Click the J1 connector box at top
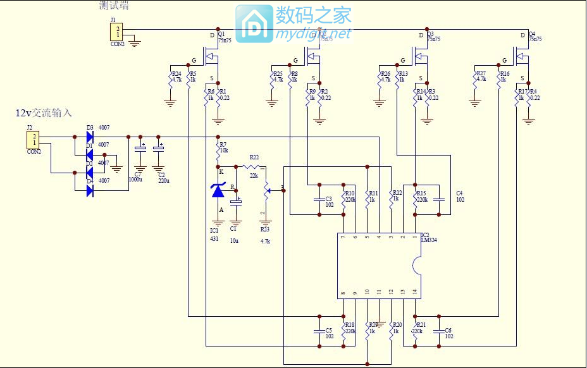pyautogui.click(x=118, y=31)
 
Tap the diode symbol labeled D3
pyautogui.click(x=90, y=137)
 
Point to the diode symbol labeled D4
pyautogui.click(x=90, y=189)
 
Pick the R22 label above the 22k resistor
pyautogui.click(x=254, y=157)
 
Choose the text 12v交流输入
pyautogui.click(x=44, y=113)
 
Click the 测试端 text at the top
pyautogui.click(x=114, y=6)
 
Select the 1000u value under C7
pyautogui.click(x=135, y=180)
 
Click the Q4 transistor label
pyautogui.click(x=531, y=34)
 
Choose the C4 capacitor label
pyautogui.click(x=459, y=193)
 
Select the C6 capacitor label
pyautogui.click(x=448, y=330)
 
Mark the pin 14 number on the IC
pyautogui.click(x=415, y=291)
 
